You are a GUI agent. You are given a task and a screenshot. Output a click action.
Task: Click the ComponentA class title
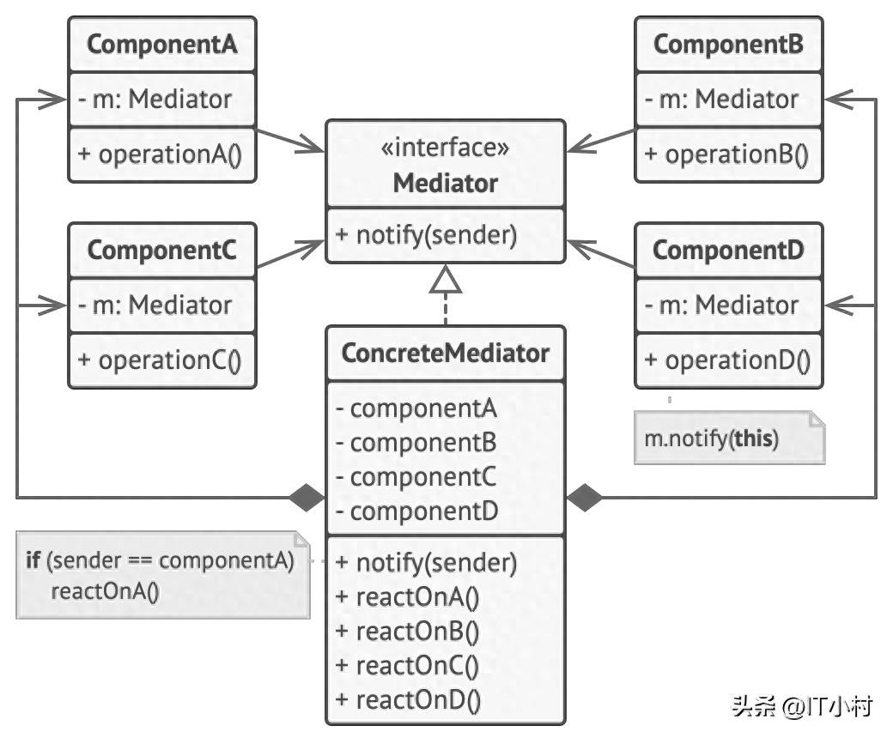pyautogui.click(x=161, y=44)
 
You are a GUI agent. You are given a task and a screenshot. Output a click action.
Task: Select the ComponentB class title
pyautogui.click(x=728, y=44)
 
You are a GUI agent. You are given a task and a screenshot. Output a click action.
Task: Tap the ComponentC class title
pyautogui.click(x=161, y=250)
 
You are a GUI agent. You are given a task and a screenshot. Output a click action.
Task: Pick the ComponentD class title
pyautogui.click(x=728, y=250)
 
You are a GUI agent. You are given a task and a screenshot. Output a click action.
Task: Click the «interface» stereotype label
pyautogui.click(x=445, y=148)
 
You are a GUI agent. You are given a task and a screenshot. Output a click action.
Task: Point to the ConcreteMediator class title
pyautogui.click(x=445, y=353)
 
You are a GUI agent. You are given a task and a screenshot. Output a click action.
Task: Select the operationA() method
pyautogui.click(x=160, y=154)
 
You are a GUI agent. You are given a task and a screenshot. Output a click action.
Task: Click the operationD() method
pyautogui.click(x=727, y=360)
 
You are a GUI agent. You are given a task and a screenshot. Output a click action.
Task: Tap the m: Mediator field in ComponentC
pyautogui.click(x=155, y=305)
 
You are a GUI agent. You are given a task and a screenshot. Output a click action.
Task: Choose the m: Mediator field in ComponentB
pyautogui.click(x=721, y=99)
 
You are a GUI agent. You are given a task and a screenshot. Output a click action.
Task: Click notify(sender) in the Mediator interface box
pyautogui.click(x=427, y=234)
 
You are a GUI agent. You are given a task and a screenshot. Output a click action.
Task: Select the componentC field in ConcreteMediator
pyautogui.click(x=416, y=477)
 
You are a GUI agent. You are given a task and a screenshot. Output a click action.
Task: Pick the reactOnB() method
pyautogui.click(x=408, y=631)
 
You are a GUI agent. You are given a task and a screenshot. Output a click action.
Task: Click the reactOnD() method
pyautogui.click(x=409, y=700)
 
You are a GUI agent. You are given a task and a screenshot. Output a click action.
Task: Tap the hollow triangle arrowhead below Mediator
pyautogui.click(x=446, y=279)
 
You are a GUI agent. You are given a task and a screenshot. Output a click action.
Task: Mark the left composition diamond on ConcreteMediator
pyautogui.click(x=307, y=498)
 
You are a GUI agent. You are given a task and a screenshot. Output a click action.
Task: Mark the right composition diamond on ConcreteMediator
pyautogui.click(x=585, y=498)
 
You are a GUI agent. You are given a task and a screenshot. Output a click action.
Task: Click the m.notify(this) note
pyautogui.click(x=730, y=438)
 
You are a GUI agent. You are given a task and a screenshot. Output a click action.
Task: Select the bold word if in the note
pyautogui.click(x=33, y=560)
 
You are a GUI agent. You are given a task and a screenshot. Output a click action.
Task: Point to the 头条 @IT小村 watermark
pyautogui.click(x=802, y=707)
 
